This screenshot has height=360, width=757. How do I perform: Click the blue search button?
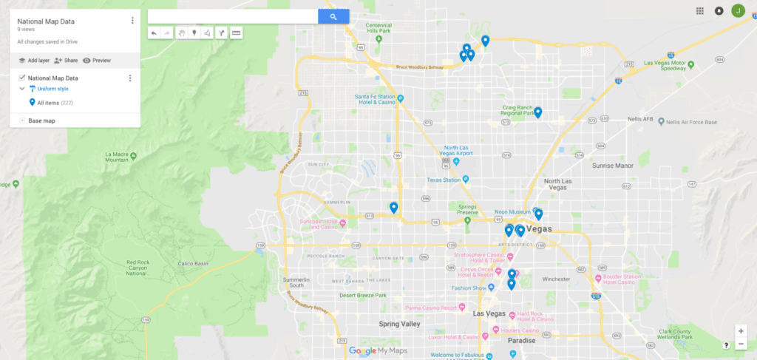click(x=333, y=16)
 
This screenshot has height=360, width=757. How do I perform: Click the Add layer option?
click(x=33, y=60)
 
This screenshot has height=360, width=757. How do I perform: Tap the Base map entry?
click(x=41, y=120)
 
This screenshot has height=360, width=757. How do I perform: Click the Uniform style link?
click(x=52, y=89)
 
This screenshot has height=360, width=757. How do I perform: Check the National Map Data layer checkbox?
click(x=22, y=78)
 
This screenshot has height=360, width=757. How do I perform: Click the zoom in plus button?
click(x=741, y=331)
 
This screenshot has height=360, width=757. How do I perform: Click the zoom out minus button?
click(x=741, y=344)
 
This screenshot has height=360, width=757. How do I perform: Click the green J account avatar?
click(x=738, y=10)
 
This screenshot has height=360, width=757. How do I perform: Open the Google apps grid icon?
click(x=700, y=10)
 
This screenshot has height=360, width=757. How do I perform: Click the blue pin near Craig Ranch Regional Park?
click(x=538, y=112)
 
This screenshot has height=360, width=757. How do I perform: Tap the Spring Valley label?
click(x=399, y=324)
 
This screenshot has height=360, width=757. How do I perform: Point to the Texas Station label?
click(x=444, y=180)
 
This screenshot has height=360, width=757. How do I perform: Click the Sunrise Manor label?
click(x=613, y=166)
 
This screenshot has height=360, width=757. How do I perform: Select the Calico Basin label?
click(x=195, y=263)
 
